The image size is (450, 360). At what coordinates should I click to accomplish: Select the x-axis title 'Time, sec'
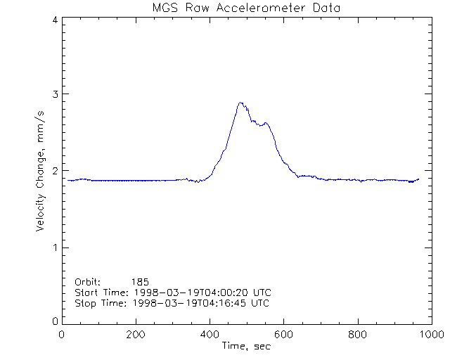(x=245, y=346)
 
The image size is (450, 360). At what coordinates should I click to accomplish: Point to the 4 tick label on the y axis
(x=54, y=20)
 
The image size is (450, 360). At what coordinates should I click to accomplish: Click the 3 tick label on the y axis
(x=54, y=94)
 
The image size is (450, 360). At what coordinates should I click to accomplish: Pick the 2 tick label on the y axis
(x=54, y=171)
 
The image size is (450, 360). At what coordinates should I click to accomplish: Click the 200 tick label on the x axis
(x=136, y=335)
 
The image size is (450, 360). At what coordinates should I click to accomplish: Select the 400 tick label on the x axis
(x=210, y=335)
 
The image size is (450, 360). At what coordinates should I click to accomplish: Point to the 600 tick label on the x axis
(x=283, y=335)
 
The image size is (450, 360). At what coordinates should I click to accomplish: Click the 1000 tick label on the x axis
(x=431, y=335)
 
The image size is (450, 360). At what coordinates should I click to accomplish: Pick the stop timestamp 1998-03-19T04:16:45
(x=186, y=303)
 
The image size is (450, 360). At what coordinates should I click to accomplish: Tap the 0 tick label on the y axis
(x=54, y=321)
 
